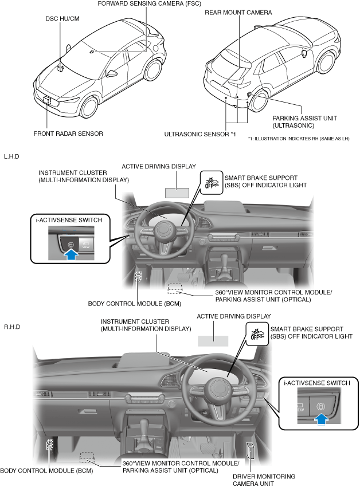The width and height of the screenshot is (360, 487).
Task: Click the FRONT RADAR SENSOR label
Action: pyautogui.click(x=68, y=133)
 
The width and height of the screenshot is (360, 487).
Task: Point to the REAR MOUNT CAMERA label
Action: pyautogui.click(x=238, y=11)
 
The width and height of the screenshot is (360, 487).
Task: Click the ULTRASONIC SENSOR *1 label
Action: pyautogui.click(x=200, y=134)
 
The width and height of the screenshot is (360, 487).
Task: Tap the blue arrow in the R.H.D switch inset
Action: pyautogui.click(x=322, y=419)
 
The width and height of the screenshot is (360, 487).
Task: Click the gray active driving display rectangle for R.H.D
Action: pyautogui.click(x=213, y=340)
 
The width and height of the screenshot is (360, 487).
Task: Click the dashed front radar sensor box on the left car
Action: pyautogui.click(x=46, y=101)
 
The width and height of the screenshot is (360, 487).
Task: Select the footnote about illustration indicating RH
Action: pyautogui.click(x=298, y=139)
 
